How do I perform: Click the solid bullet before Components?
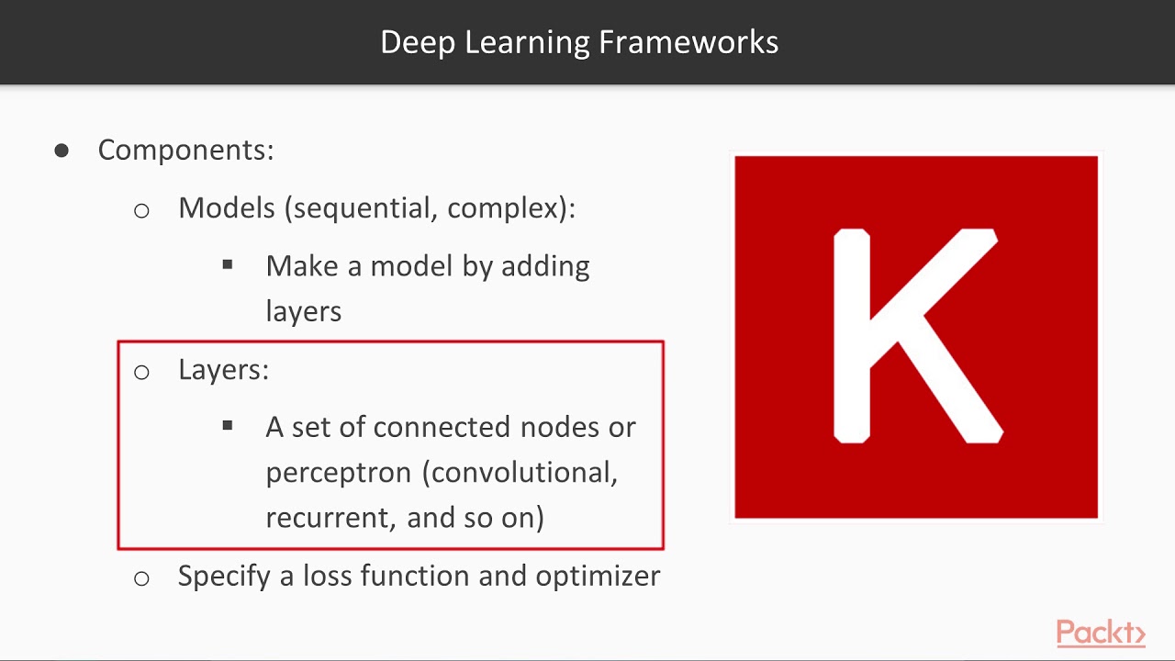(62, 150)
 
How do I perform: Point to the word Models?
(227, 207)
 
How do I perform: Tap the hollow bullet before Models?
(141, 210)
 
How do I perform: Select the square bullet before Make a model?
(228, 265)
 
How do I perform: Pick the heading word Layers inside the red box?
(221, 369)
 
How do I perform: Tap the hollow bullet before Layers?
(141, 372)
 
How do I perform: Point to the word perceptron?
(338, 474)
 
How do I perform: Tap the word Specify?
(224, 577)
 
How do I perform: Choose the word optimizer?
(598, 577)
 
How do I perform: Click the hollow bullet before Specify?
(141, 578)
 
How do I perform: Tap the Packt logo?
(1100, 633)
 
